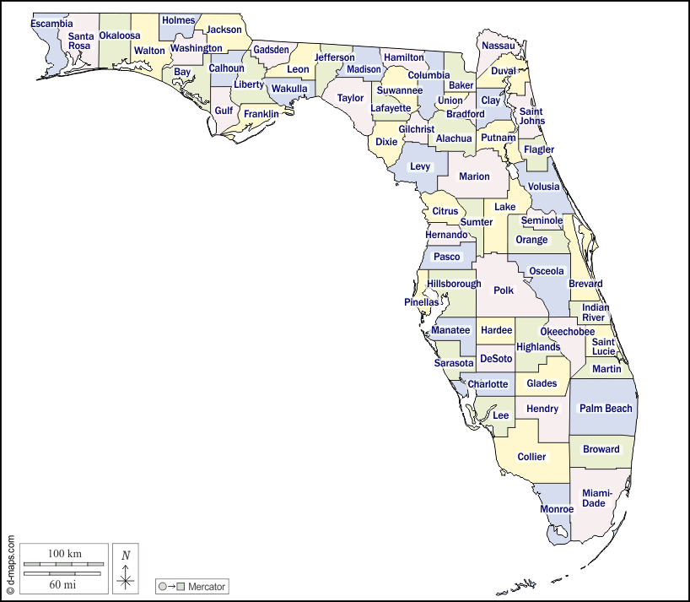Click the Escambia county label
tap(51, 24)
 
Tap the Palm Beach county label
tap(605, 409)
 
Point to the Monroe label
tap(557, 509)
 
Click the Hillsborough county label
tap(454, 284)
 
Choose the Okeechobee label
tap(567, 332)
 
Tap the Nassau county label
tap(497, 45)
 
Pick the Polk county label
tap(504, 290)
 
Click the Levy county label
tap(420, 167)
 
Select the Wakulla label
tap(289, 89)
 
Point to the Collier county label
tap(531, 457)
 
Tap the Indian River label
tap(596, 312)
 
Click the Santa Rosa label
tap(80, 41)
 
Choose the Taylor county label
tap(350, 98)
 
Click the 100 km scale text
tap(64, 553)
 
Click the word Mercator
tap(207, 586)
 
